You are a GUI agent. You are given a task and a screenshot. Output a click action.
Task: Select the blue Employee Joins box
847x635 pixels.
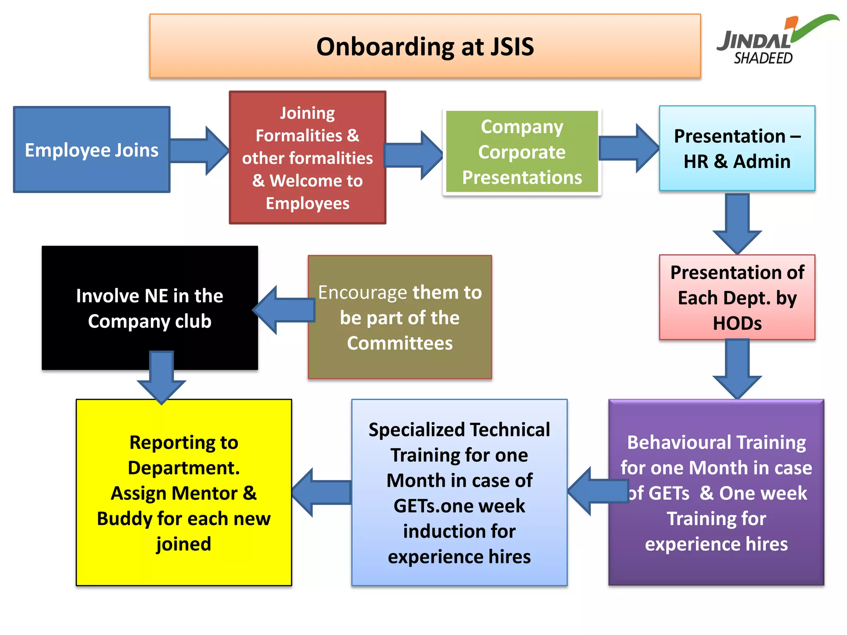pos(91,150)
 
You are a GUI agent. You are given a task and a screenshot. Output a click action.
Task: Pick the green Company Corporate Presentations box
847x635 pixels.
pos(522,152)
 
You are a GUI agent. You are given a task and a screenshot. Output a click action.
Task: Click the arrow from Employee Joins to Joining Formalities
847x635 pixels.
pos(199,151)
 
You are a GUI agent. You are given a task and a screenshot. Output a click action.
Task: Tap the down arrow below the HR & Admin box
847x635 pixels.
pos(737,223)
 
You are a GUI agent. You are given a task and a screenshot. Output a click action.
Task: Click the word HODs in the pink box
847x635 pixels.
pos(737,323)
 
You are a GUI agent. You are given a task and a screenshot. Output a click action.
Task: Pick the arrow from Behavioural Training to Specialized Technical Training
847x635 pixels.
pos(598,491)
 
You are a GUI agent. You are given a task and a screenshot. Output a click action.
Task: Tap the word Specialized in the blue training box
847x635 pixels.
pos(417,430)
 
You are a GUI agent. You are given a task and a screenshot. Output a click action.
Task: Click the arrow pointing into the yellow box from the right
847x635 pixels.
pos(322,492)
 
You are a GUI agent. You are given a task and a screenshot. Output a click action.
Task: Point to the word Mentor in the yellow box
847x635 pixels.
pos(204,493)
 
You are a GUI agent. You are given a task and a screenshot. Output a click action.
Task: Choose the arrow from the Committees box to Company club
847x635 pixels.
pos(284,310)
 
